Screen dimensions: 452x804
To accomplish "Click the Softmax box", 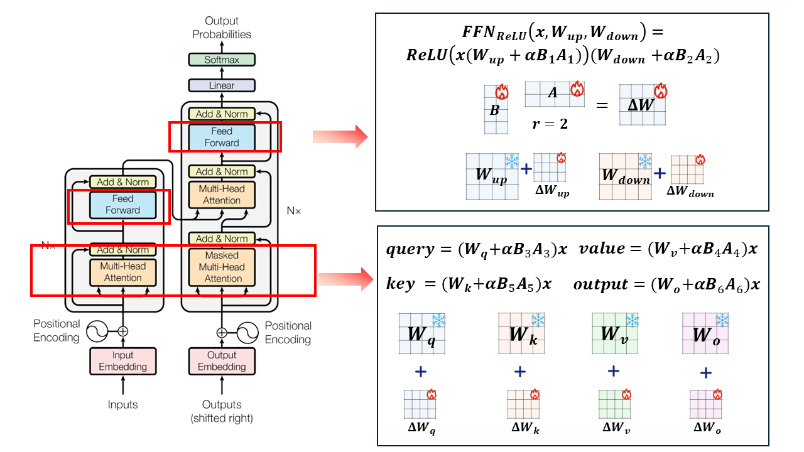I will tap(222, 60).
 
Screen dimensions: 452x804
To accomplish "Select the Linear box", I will tap(222, 85).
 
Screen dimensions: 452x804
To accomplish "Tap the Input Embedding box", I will tap(122, 360).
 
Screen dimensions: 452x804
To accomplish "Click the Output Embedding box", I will tap(222, 360).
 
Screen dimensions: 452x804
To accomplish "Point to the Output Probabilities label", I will tap(222, 28).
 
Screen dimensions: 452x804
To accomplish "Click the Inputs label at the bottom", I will tap(122, 404).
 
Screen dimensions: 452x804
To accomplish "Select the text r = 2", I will tap(550, 124).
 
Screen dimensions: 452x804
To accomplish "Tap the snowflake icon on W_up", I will tap(512, 162).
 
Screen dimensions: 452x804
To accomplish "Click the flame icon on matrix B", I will tap(501, 93).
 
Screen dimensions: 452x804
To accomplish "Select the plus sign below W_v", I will tap(614, 370).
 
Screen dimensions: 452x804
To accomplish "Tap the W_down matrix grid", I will tap(626, 176).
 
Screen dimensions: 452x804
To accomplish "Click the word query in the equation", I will tap(410, 249).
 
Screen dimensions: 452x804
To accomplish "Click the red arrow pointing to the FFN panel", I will tap(340, 136).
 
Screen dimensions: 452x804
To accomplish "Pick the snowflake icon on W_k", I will tap(538, 320).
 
